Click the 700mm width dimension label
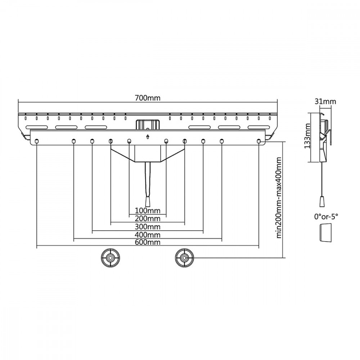coord(147,98)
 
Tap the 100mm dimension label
coord(147,210)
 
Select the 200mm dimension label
coord(147,219)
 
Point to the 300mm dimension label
coord(147,227)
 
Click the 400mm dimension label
coord(147,235)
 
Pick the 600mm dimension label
coord(147,242)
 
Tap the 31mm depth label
coord(325,102)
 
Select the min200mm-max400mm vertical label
coord(279,198)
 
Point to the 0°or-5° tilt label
coord(326,216)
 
